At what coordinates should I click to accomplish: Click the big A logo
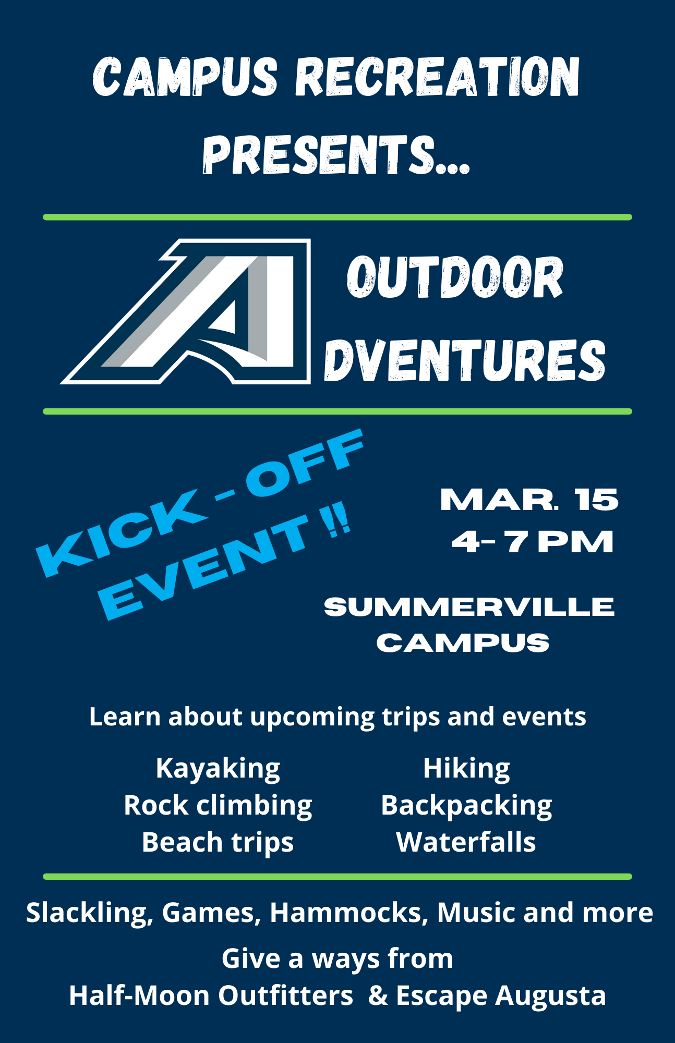(186, 312)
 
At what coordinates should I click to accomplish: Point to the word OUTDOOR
(455, 277)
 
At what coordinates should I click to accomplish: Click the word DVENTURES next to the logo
(465, 360)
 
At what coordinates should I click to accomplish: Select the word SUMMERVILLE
(469, 607)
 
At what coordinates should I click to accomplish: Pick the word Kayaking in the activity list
(218, 768)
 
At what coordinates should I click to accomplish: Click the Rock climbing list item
(218, 805)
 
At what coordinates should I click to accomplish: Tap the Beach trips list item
(218, 842)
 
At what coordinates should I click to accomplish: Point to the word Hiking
(466, 768)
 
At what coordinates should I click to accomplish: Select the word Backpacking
(466, 805)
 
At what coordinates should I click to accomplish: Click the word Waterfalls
(466, 842)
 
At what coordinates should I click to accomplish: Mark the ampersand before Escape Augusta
(378, 996)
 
